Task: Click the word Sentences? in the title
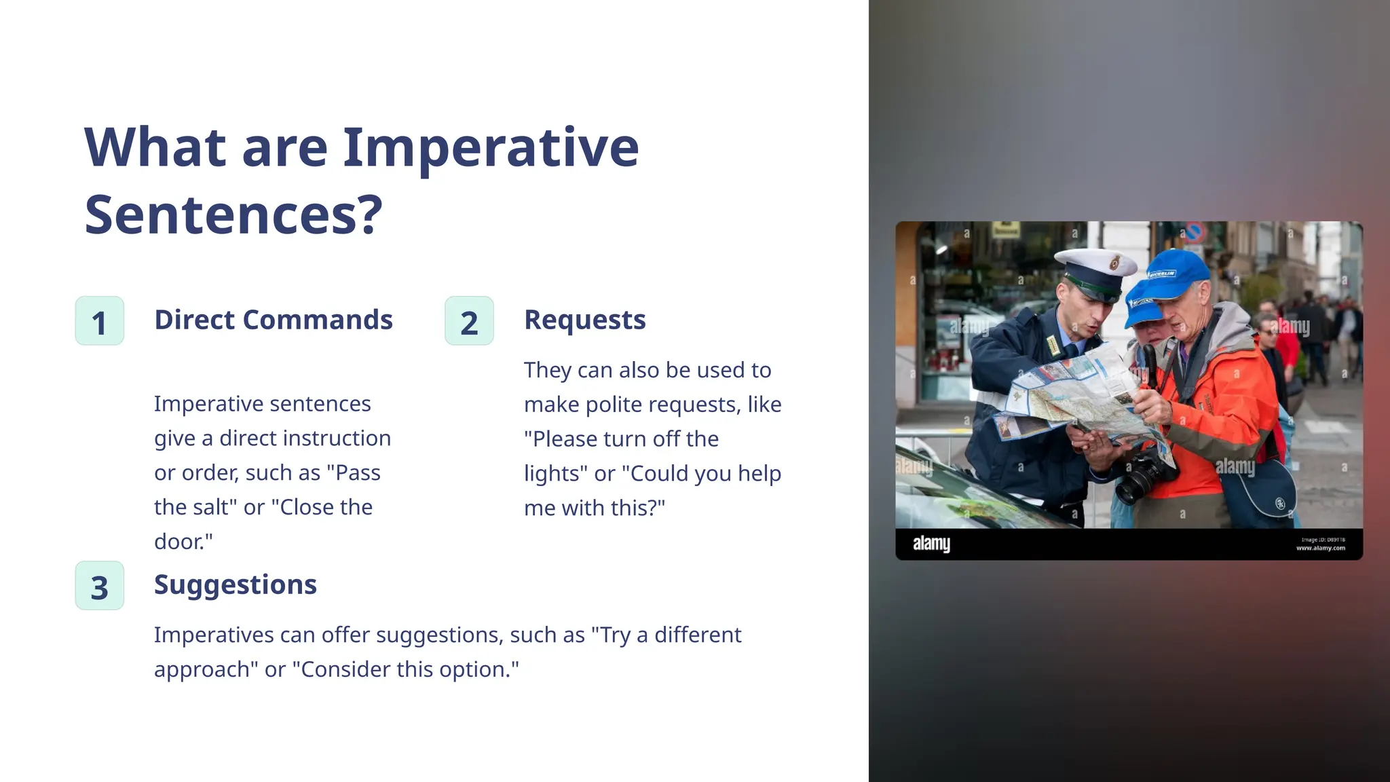(x=233, y=215)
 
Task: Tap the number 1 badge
(x=100, y=321)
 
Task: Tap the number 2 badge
(x=469, y=321)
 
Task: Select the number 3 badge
(x=100, y=586)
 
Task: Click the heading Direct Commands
(x=273, y=320)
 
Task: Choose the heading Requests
(x=584, y=320)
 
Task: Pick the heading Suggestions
(x=235, y=584)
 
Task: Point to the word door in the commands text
(x=178, y=542)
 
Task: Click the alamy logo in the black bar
(x=931, y=544)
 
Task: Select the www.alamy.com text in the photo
(x=1320, y=548)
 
